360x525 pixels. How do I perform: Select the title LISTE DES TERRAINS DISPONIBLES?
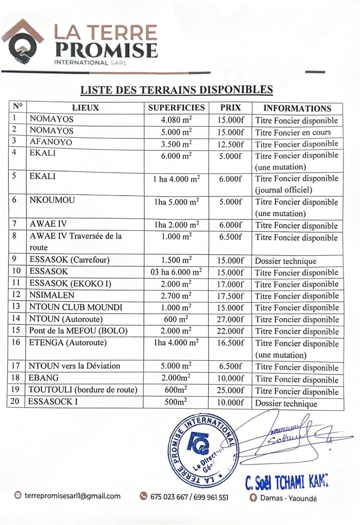[176, 90]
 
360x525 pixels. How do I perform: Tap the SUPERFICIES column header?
[176, 108]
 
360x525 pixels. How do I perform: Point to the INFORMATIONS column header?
[297, 108]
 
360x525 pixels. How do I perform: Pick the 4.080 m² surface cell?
[176, 120]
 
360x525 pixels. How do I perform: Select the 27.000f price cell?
[231, 320]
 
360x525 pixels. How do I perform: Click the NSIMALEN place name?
[52, 296]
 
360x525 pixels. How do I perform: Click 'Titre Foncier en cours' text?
[293, 132]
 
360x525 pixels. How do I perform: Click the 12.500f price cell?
[231, 144]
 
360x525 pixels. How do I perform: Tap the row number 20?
[15, 402]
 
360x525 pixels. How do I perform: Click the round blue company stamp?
[202, 448]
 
